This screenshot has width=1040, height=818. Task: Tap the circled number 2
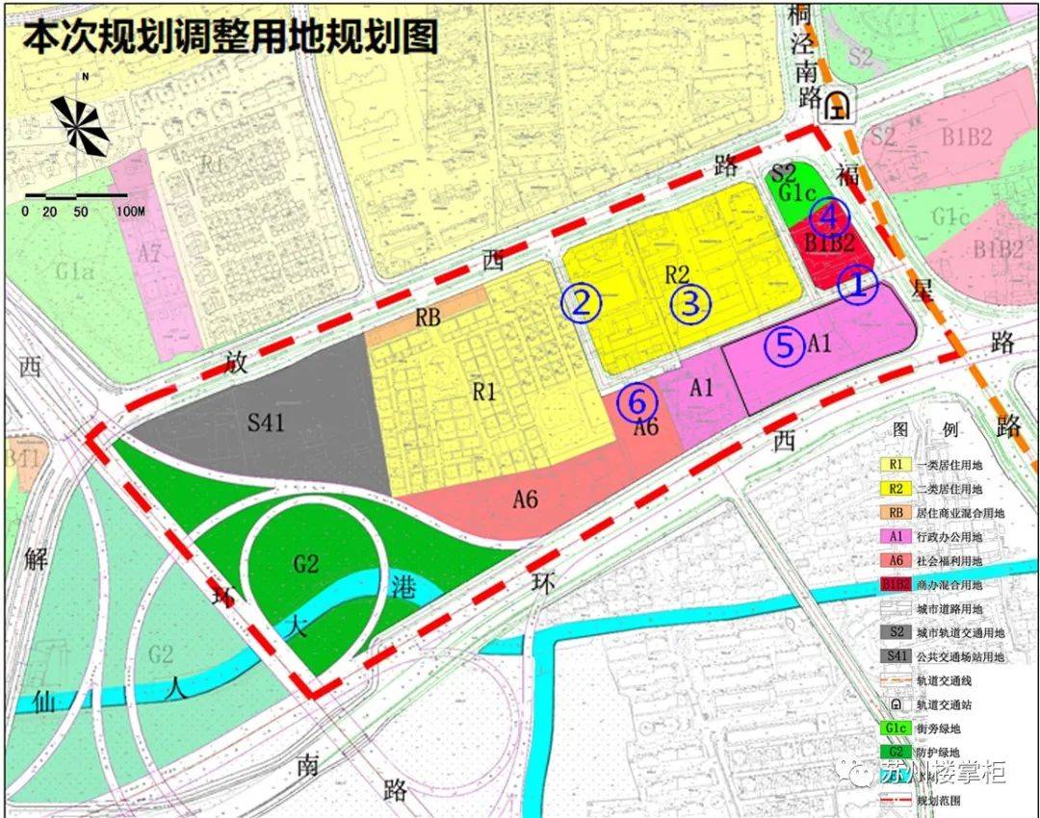pos(582,303)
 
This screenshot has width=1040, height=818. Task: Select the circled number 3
pos(689,303)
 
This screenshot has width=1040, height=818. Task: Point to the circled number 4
pos(829,216)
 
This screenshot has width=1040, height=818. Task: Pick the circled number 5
pos(786,345)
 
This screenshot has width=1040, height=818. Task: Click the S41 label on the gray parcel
pos(266,422)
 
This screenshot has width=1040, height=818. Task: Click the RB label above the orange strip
pos(428,317)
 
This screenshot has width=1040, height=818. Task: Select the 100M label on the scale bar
pos(129,212)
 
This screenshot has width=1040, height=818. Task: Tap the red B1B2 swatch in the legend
pos(896,584)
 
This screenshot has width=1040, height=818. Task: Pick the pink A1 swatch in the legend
pos(896,536)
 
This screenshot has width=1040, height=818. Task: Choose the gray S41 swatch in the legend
pos(896,656)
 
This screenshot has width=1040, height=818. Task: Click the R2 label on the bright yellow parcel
pos(678,274)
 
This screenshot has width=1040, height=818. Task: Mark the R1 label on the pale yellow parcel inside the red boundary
pos(483,392)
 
